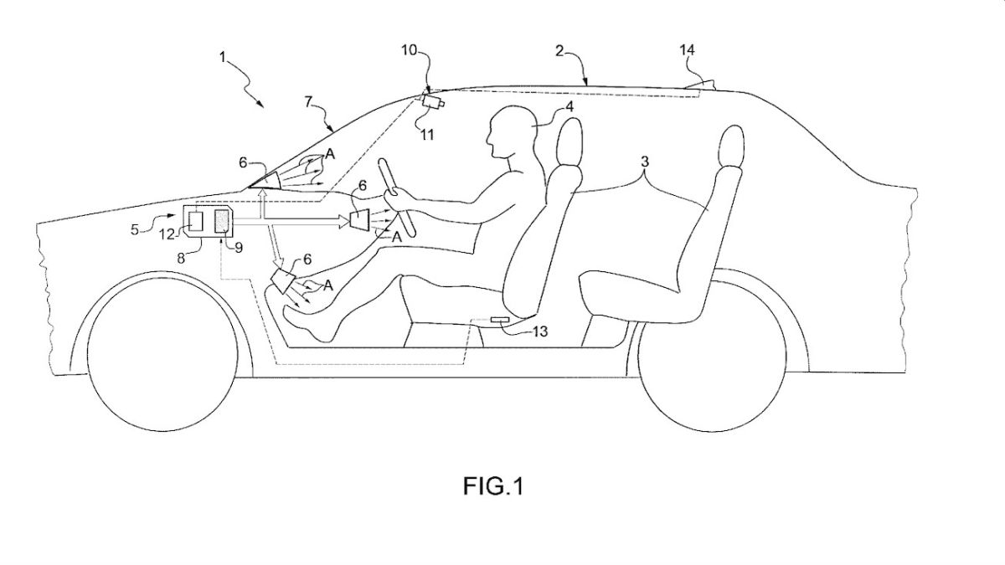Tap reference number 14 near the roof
pos(687,50)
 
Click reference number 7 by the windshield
pos(308,101)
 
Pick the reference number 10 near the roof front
pos(409,50)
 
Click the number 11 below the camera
pos(428,133)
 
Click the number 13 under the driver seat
pos(540,332)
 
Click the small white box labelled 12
pos(196,222)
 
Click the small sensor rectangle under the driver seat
pos(500,320)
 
